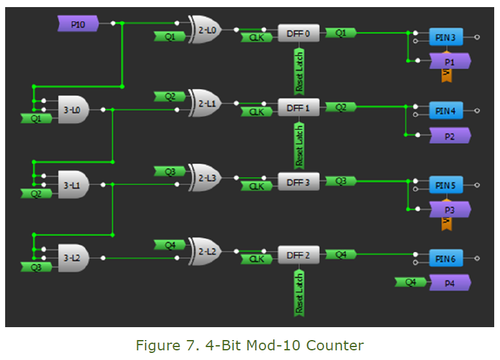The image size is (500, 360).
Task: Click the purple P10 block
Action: [77, 24]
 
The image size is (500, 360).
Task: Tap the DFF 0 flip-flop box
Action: [298, 33]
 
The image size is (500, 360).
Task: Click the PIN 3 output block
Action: [446, 38]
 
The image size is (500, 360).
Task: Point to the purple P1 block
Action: [449, 61]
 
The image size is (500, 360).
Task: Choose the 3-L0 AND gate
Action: [72, 110]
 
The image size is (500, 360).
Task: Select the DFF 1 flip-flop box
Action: [298, 108]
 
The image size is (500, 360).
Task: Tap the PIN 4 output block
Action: [446, 111]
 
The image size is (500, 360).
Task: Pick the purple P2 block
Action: [449, 136]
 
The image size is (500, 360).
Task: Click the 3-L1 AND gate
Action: [72, 185]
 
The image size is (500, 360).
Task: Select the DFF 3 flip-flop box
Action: [298, 182]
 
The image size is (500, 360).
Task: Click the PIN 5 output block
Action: [446, 185]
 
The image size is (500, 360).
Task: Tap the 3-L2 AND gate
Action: [72, 258]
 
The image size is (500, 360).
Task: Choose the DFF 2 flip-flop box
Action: [298, 256]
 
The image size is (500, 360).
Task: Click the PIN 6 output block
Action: [446, 259]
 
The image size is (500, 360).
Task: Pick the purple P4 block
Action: [449, 283]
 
